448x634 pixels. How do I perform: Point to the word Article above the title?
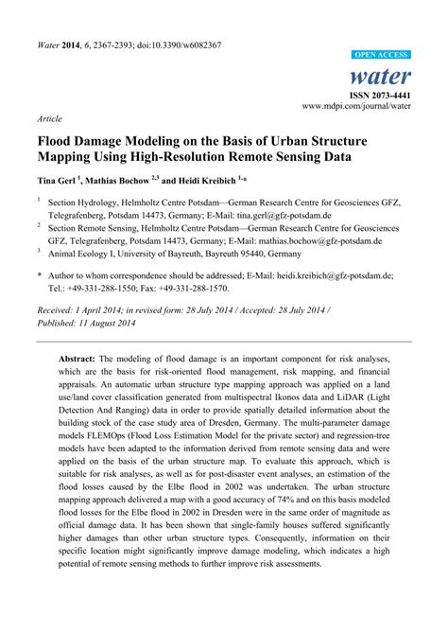(49, 121)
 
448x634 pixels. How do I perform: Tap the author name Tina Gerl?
(59, 178)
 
